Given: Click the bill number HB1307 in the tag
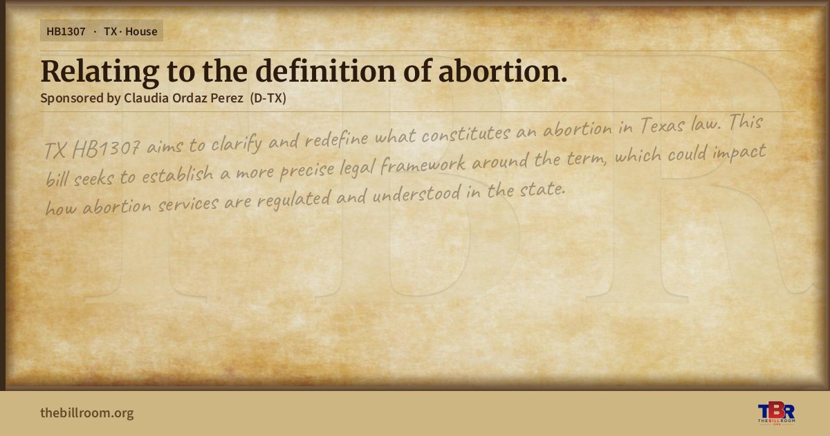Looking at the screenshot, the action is tap(66, 32).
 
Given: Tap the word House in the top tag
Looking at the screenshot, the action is tap(141, 32).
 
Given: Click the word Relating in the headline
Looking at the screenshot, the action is tap(100, 72).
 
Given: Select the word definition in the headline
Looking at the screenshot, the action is tap(326, 71).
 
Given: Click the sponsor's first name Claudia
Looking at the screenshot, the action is tap(146, 98).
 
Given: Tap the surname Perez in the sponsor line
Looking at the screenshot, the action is tap(227, 98).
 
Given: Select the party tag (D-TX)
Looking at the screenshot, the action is tap(268, 98).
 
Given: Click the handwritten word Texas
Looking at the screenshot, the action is tap(662, 125).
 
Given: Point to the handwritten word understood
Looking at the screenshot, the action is tap(416, 194).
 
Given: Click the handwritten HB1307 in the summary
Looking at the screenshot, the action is tap(106, 149).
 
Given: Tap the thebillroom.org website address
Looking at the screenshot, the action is tap(87, 412).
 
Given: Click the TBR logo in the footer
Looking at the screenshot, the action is tap(776, 412).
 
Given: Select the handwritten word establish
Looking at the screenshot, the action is tap(178, 174).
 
